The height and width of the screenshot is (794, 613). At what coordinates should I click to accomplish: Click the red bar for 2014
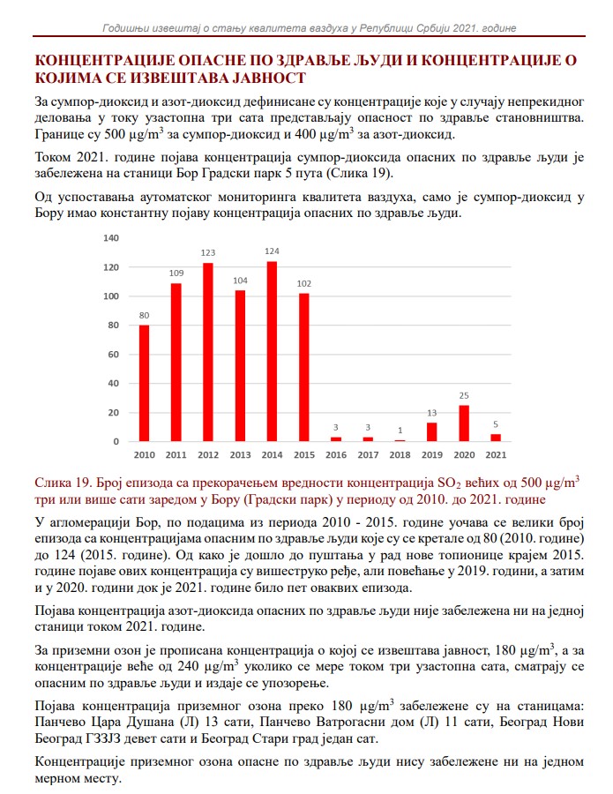click(x=272, y=351)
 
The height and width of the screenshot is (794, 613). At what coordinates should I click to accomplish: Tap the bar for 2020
click(x=464, y=423)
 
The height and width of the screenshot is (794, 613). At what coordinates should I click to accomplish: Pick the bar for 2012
click(x=208, y=352)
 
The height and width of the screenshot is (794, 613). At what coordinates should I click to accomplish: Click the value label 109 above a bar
click(x=176, y=273)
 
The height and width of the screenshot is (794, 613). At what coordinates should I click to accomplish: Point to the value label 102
click(x=303, y=283)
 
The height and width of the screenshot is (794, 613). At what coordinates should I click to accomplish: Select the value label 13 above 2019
click(x=431, y=413)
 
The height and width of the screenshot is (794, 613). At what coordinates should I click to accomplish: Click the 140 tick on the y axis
click(x=111, y=238)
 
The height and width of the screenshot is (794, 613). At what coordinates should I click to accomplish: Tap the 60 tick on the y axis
click(x=113, y=355)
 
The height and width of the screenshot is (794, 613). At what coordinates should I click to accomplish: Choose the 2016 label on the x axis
click(x=335, y=454)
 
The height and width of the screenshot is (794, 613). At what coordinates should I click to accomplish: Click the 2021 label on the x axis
click(x=496, y=454)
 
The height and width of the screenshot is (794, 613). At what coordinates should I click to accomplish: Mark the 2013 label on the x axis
click(x=239, y=454)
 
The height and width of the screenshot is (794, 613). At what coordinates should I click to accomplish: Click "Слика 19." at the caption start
click(x=64, y=483)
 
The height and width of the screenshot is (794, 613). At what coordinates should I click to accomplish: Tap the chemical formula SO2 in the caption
click(x=445, y=483)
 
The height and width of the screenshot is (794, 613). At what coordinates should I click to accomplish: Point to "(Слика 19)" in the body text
click(x=364, y=173)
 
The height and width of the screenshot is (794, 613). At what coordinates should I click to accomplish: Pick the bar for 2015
click(x=303, y=367)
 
